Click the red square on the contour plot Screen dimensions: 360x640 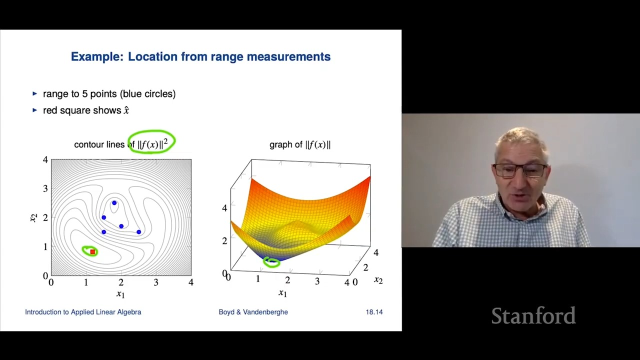pyautogui.click(x=92, y=252)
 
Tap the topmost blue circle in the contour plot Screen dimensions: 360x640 pyautogui.click(x=114, y=203)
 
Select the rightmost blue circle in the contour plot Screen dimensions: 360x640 pyautogui.click(x=138, y=232)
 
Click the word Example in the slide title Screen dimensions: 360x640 pyautogui.click(x=96, y=57)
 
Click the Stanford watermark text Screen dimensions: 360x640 pyautogui.click(x=533, y=316)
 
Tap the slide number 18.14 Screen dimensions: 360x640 pyautogui.click(x=374, y=312)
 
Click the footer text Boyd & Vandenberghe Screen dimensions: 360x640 pyautogui.click(x=253, y=312)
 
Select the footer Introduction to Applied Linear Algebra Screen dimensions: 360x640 pyautogui.click(x=83, y=312)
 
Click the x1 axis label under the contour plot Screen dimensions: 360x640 pyautogui.click(x=120, y=294)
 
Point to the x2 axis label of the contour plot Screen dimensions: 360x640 pyautogui.click(x=33, y=217)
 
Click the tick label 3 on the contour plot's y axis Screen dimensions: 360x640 pyautogui.click(x=45, y=188)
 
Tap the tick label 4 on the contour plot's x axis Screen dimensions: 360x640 pyautogui.click(x=190, y=282)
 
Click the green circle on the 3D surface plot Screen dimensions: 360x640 pyautogui.click(x=271, y=261)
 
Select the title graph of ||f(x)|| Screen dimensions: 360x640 pyautogui.click(x=300, y=144)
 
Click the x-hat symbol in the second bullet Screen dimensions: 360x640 pyautogui.click(x=126, y=110)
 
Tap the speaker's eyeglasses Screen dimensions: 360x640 pyautogui.click(x=520, y=170)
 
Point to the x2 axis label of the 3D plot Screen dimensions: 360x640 pyautogui.click(x=378, y=280)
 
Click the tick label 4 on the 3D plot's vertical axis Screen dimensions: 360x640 pyautogui.click(x=224, y=208)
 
